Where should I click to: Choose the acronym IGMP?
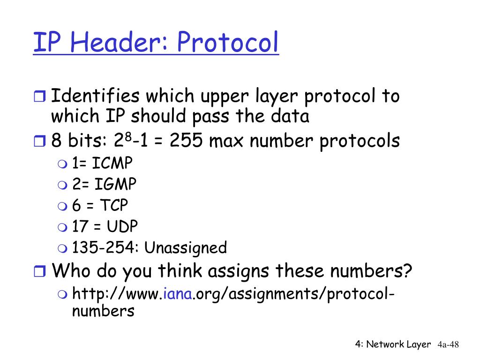coord(115,184)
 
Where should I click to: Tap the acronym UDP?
coord(122,226)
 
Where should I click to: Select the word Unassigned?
coord(186,247)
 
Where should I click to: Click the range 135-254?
coord(104,247)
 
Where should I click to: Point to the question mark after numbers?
coord(408,270)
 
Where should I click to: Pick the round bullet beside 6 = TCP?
coord(63,206)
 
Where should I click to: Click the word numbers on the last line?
coord(103,311)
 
